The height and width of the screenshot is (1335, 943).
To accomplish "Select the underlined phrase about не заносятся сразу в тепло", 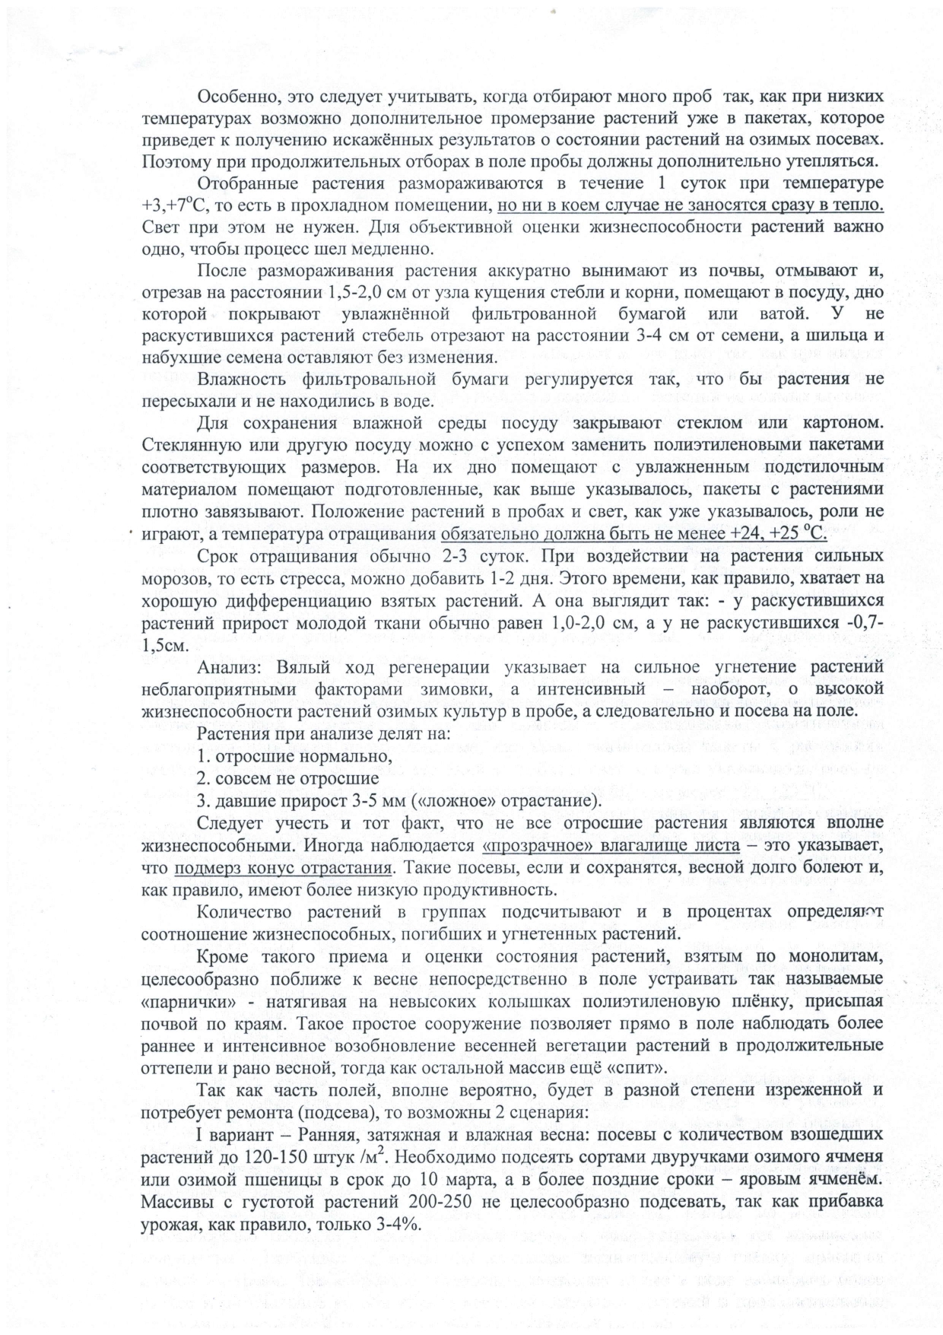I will (x=690, y=205).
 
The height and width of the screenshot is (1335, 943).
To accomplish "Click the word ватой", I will (x=761, y=313).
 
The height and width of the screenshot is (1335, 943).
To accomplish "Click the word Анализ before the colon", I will (x=227, y=668).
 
